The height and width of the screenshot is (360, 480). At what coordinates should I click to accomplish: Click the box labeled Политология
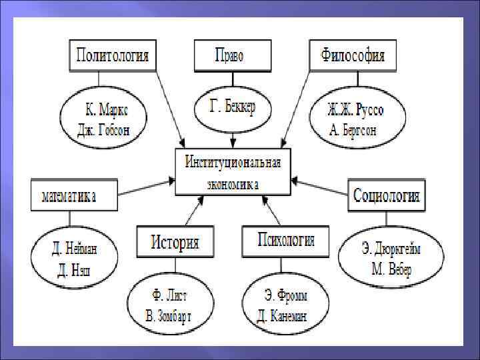point(112,55)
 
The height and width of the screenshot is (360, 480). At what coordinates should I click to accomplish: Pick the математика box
point(74,196)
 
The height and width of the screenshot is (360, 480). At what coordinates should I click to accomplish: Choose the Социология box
point(387,196)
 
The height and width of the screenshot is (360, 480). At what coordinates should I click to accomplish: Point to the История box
point(175,242)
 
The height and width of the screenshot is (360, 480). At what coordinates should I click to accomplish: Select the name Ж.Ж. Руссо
point(355,109)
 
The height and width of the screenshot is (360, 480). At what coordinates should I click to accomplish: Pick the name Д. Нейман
point(75,249)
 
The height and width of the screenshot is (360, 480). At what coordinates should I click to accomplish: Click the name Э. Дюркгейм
point(391,249)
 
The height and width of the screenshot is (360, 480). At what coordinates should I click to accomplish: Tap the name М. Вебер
point(391,269)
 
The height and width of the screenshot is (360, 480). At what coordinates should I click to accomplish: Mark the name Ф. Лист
point(168,296)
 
